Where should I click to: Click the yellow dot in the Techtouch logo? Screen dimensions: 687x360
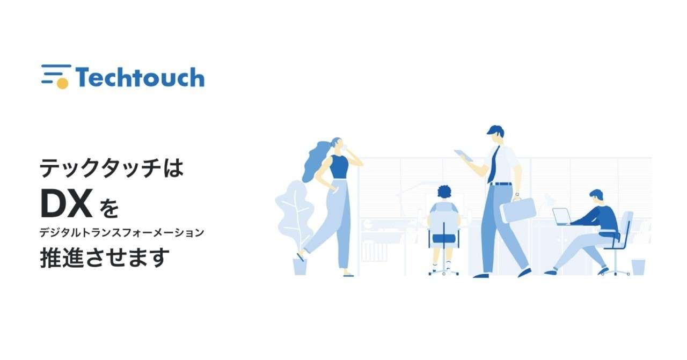pos(63,83)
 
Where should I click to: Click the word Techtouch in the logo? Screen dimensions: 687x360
pos(140,77)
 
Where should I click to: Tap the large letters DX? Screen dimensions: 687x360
pos(66,203)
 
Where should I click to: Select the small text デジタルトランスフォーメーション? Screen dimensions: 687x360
pos(122,233)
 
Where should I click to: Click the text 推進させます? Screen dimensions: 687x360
pos(105,258)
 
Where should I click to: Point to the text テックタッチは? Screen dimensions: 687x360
pos(112,168)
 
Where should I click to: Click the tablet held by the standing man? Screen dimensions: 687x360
pos(464,156)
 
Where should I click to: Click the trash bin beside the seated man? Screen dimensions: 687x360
pos(638,267)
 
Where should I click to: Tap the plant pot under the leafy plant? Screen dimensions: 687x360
pos(300,267)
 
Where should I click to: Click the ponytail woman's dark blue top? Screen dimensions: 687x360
pos(339,167)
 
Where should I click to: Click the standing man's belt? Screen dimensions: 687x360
pos(501,184)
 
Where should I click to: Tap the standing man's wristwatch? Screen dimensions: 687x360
pos(517,194)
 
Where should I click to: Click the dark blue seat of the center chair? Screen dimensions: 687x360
pos(444,238)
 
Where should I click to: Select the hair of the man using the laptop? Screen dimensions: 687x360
pos(596,194)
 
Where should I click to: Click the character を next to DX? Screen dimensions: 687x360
pos(108,209)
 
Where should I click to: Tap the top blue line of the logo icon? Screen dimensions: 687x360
pos(56,66)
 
